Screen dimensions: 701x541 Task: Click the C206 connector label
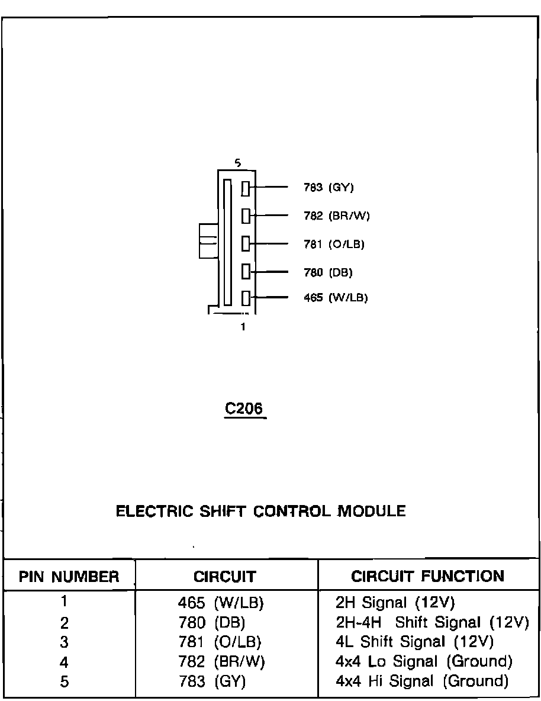tap(245, 409)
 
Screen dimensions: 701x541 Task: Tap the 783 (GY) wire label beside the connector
tap(329, 188)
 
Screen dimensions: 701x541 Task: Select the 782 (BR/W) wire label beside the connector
tap(336, 216)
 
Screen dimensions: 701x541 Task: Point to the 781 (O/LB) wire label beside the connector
tap(334, 244)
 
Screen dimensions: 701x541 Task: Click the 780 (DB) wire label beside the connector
tap(328, 272)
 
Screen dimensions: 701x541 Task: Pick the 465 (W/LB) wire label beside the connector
tap(336, 298)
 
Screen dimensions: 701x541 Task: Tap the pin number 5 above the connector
tap(237, 163)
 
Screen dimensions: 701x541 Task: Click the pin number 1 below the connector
tap(243, 326)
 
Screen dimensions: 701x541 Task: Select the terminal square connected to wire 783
tap(246, 189)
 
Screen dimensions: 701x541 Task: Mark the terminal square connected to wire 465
tap(246, 298)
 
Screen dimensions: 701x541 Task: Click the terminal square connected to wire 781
tap(246, 243)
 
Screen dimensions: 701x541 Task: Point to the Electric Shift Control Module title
tap(261, 512)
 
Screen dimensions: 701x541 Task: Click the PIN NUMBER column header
tap(69, 577)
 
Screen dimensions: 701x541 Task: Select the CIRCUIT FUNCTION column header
tap(427, 576)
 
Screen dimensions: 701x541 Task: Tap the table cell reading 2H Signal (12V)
tap(395, 603)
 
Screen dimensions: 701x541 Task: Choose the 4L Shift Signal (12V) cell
tap(414, 642)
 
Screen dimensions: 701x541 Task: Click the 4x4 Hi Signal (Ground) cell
tap(422, 681)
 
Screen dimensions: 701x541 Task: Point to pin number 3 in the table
tap(65, 642)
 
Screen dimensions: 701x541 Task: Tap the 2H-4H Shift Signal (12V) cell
tap(431, 622)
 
